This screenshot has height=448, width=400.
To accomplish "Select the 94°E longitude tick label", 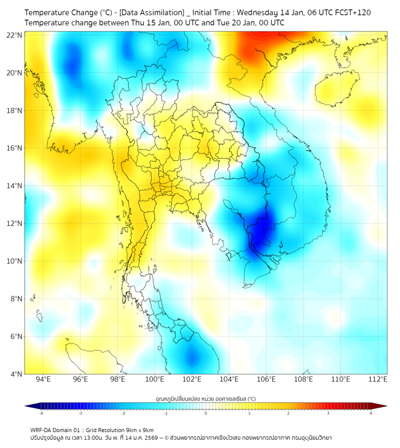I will point(43,379).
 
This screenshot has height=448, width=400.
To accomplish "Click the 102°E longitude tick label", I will point(192,379).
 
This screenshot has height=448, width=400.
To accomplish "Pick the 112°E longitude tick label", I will point(378,379).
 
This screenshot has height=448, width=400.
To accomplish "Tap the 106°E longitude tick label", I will point(266,379).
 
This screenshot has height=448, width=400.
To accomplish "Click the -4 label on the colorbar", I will point(41,413).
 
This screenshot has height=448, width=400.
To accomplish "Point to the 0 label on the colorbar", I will point(206,413).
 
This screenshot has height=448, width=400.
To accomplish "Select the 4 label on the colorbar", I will point(371,413).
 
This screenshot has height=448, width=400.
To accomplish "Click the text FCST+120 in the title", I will point(353,12).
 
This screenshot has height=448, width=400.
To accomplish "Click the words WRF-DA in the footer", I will point(40,430).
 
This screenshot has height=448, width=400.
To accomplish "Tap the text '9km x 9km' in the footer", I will point(140,430).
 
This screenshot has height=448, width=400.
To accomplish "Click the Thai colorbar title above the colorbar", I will point(205,398).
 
